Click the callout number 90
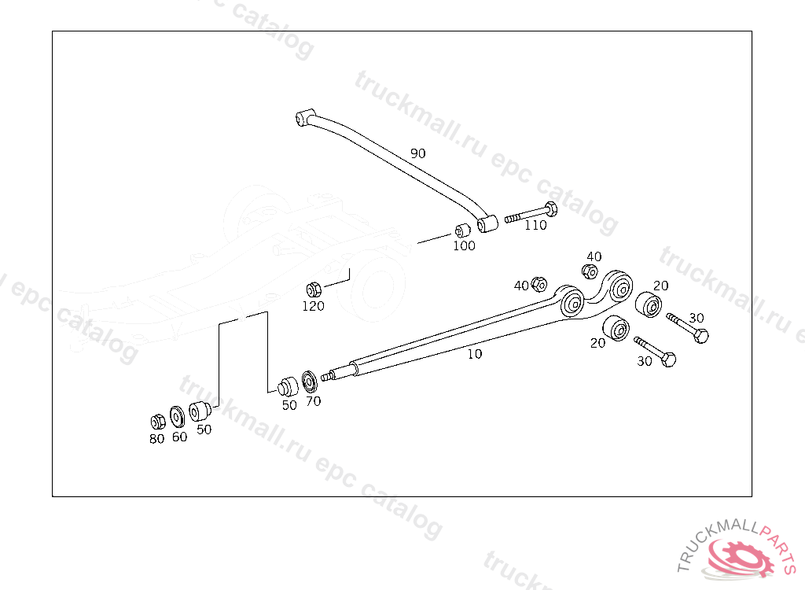(417, 153)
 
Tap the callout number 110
(535, 225)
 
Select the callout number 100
(464, 245)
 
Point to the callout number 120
(313, 306)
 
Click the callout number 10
(475, 354)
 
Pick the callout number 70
(313, 401)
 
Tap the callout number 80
(157, 439)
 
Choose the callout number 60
(180, 437)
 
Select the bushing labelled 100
(462, 231)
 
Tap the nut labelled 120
(311, 288)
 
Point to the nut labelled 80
(156, 420)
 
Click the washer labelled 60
(177, 415)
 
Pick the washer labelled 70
(311, 380)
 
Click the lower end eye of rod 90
(486, 223)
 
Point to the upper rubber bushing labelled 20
(648, 304)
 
